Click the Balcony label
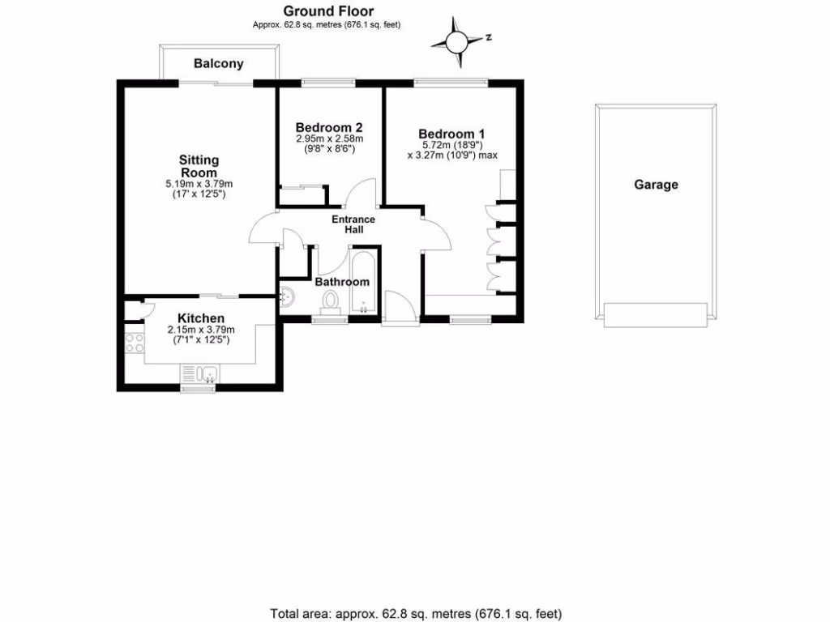click(218, 64)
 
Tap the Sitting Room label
click(199, 167)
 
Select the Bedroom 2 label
click(328, 128)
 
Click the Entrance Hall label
click(353, 224)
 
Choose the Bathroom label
click(341, 282)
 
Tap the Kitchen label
click(201, 318)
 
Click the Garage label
click(656, 185)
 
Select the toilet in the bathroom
click(330, 300)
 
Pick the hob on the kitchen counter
click(134, 343)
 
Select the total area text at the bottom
click(415, 614)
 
